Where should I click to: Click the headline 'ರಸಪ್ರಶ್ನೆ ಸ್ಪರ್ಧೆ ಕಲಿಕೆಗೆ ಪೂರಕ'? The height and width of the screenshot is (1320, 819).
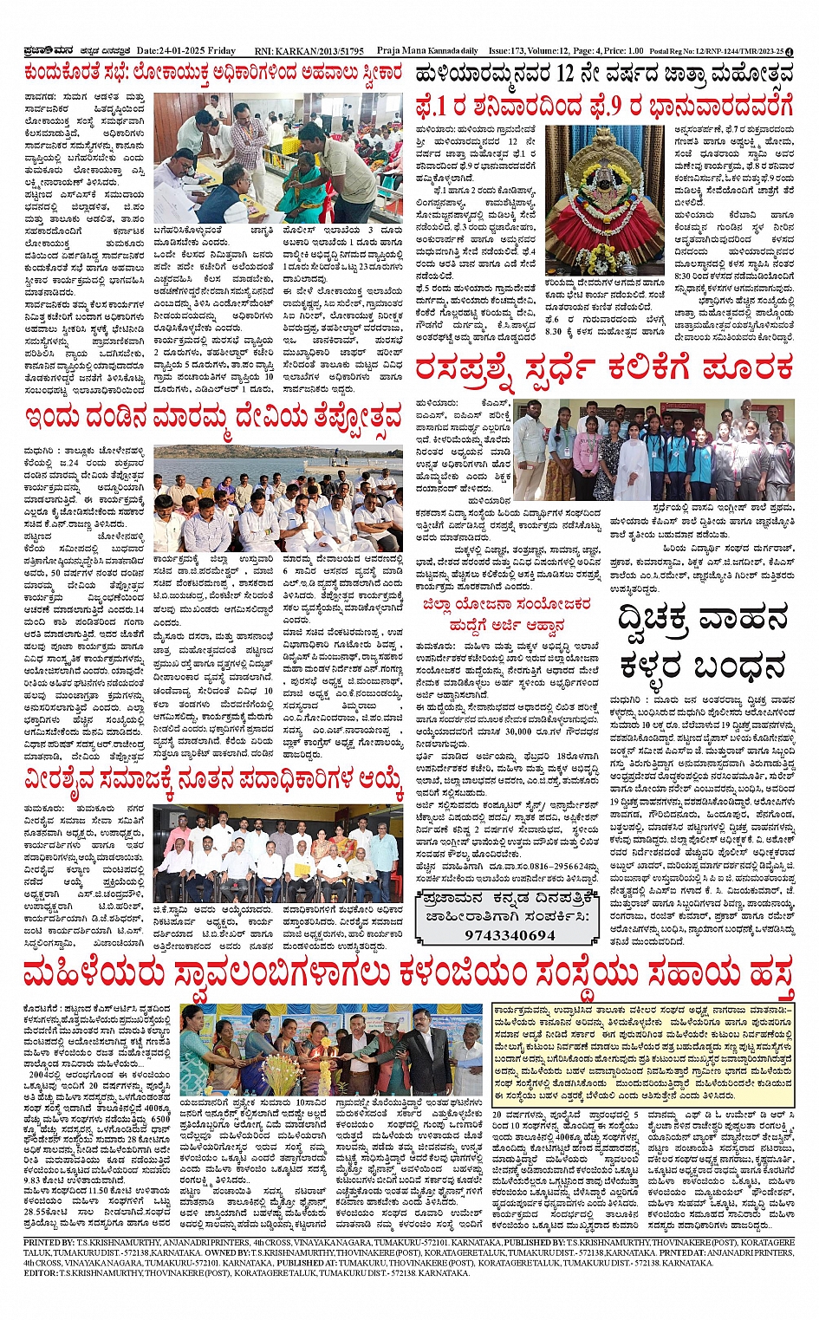pos(604,367)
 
